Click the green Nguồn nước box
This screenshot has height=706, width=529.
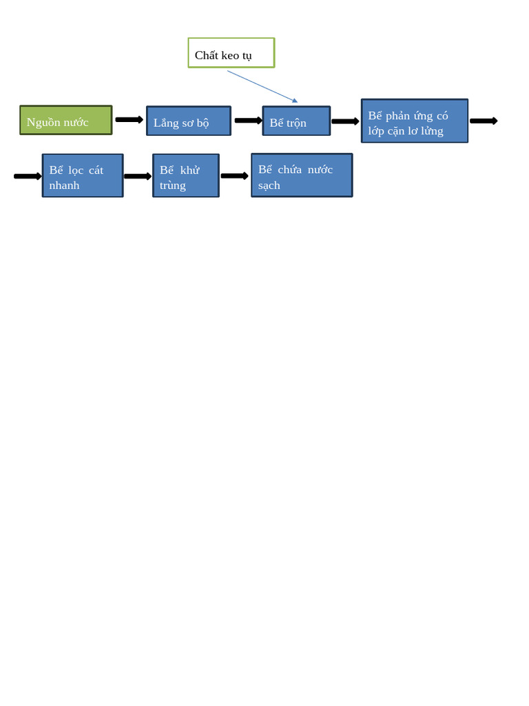pos(65,120)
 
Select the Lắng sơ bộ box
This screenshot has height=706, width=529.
pos(188,121)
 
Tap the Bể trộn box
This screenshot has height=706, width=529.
pos(296,121)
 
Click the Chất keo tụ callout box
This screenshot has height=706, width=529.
pos(231,53)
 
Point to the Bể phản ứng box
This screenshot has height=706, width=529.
pos(414,121)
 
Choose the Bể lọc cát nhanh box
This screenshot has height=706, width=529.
pos(83,175)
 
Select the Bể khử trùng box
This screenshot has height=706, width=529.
pos(186,175)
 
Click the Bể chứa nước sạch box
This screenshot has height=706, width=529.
pos(302,175)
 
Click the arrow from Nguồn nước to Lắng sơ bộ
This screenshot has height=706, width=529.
pos(129,120)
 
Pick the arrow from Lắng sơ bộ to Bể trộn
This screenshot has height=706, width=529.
pos(248,121)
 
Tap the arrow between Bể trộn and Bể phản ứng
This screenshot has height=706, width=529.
pos(345,121)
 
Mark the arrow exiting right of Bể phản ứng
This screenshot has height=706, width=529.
pos(483,121)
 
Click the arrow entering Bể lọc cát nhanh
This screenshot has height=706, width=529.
pos(28,176)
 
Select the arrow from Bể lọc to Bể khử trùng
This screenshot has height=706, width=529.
pos(138,176)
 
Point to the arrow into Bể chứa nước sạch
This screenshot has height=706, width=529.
pos(234,176)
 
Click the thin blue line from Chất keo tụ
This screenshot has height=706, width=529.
pos(262,87)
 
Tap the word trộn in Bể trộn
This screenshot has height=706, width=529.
pos(297,123)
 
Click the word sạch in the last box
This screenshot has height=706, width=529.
pos(269,185)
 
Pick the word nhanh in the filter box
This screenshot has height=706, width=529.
pos(64,185)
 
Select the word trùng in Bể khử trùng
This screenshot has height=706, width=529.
pos(173,185)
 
